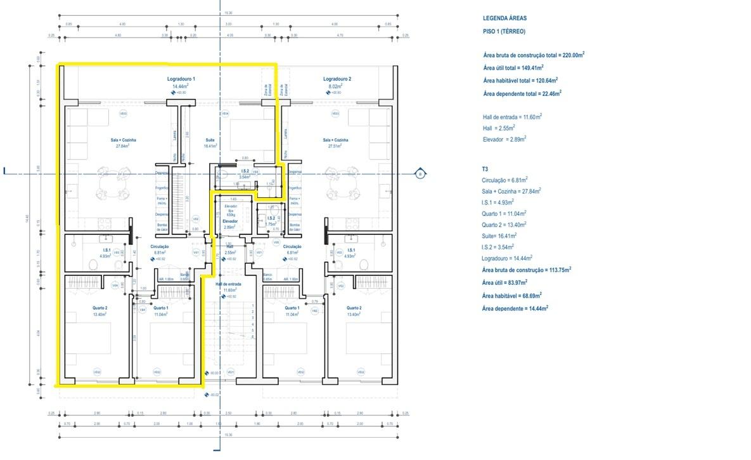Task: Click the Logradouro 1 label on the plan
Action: [181, 79]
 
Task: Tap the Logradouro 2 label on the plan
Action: [337, 79]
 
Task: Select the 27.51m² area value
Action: [336, 146]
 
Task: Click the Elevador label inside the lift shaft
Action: [230, 221]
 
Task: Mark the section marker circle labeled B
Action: [418, 173]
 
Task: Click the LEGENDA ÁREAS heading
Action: [504, 18]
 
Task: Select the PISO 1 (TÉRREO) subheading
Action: [504, 31]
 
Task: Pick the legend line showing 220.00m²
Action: [533, 55]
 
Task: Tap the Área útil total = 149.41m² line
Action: [513, 68]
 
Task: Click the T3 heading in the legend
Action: [485, 169]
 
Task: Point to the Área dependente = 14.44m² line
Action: [515, 308]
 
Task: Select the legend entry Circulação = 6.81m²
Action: [504, 180]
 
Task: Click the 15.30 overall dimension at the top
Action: [228, 12]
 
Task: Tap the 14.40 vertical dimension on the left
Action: [27, 219]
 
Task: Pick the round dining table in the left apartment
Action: [111, 187]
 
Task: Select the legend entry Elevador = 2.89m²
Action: [504, 138]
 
